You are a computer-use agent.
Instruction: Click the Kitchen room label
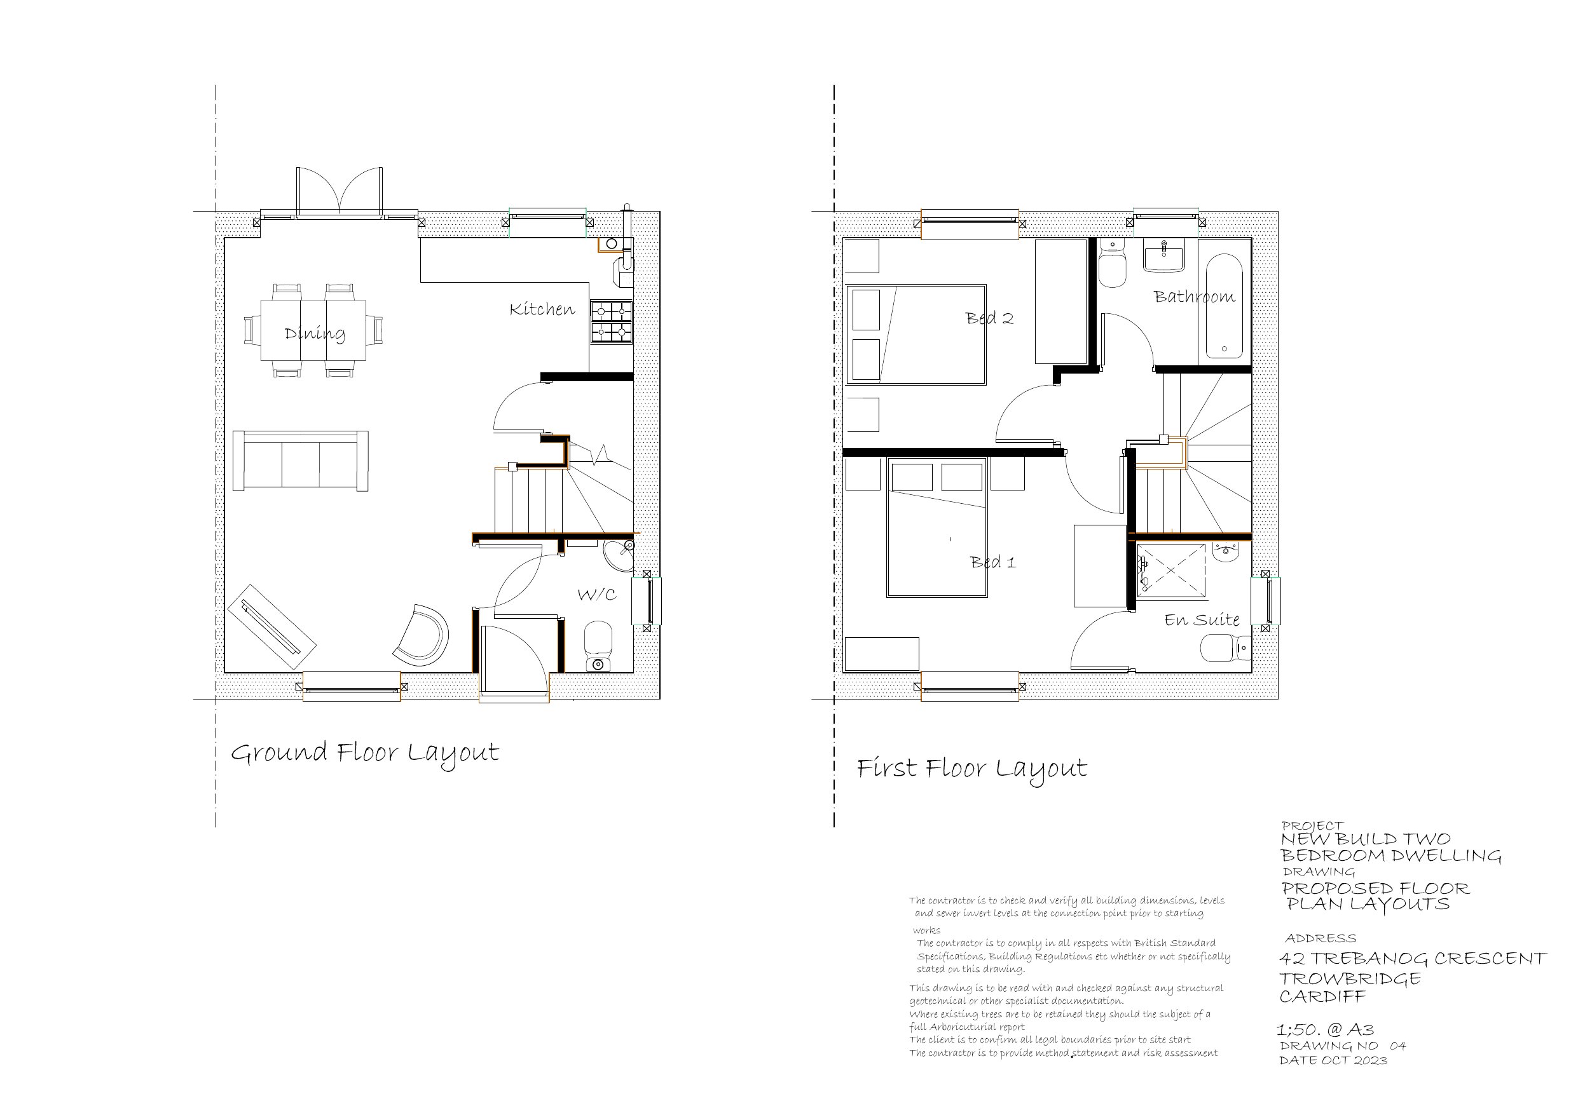[x=542, y=310]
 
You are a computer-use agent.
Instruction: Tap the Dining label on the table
[x=315, y=334]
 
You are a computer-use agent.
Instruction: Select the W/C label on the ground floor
[x=596, y=594]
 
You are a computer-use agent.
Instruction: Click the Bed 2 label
[x=989, y=318]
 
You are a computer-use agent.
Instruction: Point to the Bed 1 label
[x=992, y=562]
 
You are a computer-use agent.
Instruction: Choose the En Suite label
[x=1202, y=620]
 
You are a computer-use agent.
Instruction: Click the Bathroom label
[x=1194, y=297]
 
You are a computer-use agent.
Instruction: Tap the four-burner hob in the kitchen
[x=611, y=321]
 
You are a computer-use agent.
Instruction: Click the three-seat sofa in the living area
[x=300, y=461]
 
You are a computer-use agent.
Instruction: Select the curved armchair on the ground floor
[x=423, y=635]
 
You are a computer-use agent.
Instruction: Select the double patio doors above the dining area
[x=339, y=193]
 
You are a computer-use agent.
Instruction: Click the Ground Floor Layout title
[x=364, y=753]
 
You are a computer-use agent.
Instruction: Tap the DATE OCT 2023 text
[x=1333, y=1061]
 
